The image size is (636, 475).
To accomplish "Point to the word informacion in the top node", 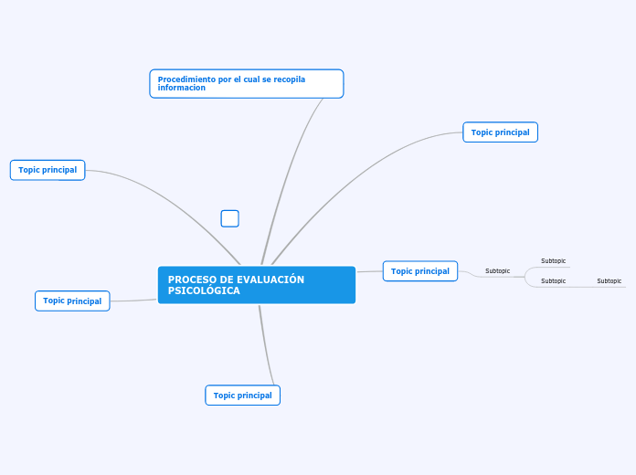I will tap(181, 89).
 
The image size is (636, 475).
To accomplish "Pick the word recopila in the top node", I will tap(287, 79).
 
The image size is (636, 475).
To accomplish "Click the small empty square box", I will tap(230, 218).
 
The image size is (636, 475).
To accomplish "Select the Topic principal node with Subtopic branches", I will tap(420, 271).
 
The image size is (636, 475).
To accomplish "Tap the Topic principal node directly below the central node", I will tap(243, 396).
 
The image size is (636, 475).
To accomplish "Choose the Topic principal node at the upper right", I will tap(500, 132).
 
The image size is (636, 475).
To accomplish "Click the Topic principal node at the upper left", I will tap(48, 170).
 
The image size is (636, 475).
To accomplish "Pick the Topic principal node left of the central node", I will tap(72, 301).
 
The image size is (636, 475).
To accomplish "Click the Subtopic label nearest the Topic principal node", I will tap(497, 271).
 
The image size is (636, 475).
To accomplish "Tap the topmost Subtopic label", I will tap(553, 261).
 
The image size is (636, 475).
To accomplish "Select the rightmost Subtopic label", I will tap(609, 281).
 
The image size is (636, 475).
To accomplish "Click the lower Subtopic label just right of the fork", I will tap(553, 281).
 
